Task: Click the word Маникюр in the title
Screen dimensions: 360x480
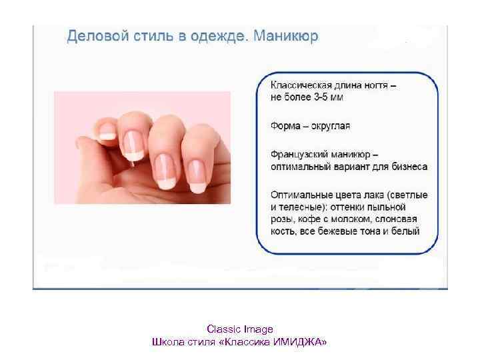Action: [x=285, y=35]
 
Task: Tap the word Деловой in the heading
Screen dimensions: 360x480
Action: [x=94, y=35]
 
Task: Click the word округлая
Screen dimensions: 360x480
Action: [x=327, y=125]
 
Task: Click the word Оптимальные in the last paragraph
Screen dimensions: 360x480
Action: [x=303, y=194]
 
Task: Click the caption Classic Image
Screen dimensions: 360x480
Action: [x=240, y=329]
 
